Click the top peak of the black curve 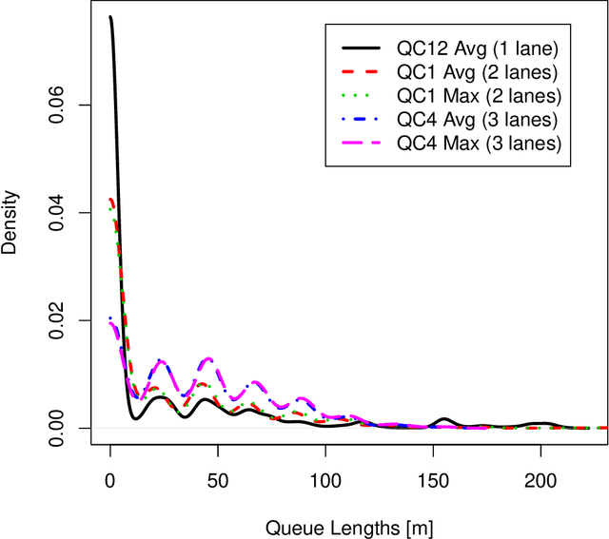point(110,17)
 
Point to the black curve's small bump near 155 point(443,419)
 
